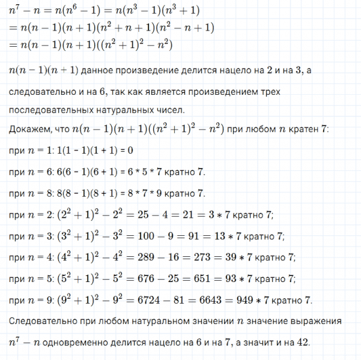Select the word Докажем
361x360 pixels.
click(27, 130)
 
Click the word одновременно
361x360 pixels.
click(74, 343)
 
